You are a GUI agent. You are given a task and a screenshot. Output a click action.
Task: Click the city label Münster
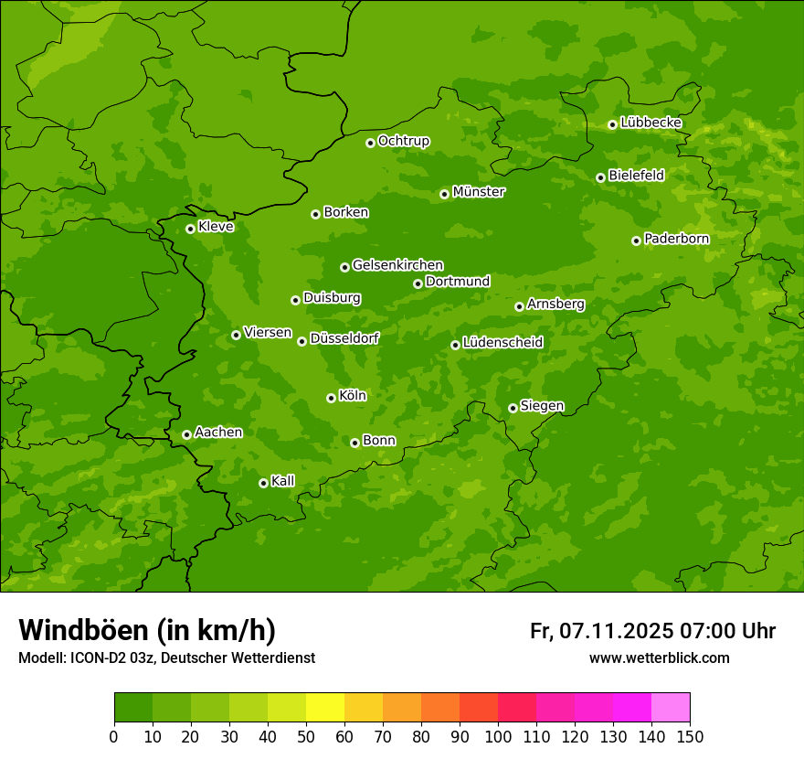coord(478,192)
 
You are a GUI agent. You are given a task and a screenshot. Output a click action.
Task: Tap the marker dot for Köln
coord(331,398)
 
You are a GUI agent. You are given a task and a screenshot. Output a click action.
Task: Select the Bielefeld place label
coord(636,176)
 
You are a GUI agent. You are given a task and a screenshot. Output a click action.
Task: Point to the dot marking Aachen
coord(186,434)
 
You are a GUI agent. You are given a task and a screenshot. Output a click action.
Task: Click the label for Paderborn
coord(676,239)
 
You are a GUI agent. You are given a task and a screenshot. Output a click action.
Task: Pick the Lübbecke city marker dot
coord(612,124)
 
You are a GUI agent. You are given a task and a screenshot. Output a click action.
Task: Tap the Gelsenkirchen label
coord(397,265)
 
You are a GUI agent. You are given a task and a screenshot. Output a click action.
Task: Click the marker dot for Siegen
coord(513,408)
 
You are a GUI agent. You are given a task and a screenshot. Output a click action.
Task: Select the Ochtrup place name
coord(403,141)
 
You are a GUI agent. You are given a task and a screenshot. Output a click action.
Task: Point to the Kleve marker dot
coord(190,229)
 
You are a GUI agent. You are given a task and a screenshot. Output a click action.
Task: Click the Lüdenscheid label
coord(503,343)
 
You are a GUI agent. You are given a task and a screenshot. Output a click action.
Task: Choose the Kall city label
coord(282,481)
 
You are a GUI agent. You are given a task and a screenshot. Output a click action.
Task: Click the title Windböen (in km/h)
coord(147,630)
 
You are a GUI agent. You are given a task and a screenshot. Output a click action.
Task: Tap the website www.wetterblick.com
coord(659,657)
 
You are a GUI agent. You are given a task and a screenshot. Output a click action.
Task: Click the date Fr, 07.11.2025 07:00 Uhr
coord(652,631)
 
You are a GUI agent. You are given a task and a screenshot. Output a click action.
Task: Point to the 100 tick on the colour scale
coord(498,736)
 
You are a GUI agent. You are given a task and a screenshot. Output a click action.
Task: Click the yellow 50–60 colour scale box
coord(325,708)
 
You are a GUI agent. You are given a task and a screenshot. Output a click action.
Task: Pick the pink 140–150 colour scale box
coord(671,708)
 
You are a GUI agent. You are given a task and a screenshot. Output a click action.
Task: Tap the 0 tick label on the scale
coord(114,736)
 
